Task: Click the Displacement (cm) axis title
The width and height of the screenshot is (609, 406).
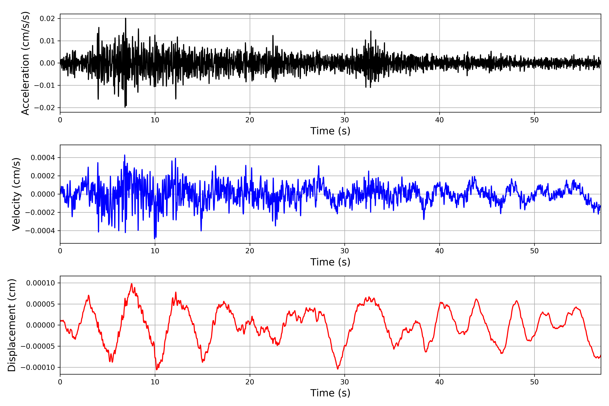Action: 12,325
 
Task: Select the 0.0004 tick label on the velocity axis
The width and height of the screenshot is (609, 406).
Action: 43,158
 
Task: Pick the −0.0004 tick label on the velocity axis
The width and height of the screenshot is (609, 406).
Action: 40,231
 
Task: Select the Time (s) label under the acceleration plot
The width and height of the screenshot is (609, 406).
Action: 330,131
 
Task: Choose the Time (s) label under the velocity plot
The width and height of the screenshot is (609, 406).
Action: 330,262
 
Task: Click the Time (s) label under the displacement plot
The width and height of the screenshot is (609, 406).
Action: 330,393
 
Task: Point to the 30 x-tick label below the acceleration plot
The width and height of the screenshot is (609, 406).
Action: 345,120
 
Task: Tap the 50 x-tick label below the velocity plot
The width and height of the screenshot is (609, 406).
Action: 534,251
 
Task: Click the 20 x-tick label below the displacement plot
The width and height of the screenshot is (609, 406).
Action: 250,382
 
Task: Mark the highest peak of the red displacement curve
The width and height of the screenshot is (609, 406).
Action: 132,284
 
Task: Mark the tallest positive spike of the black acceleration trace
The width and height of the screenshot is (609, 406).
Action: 126,18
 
